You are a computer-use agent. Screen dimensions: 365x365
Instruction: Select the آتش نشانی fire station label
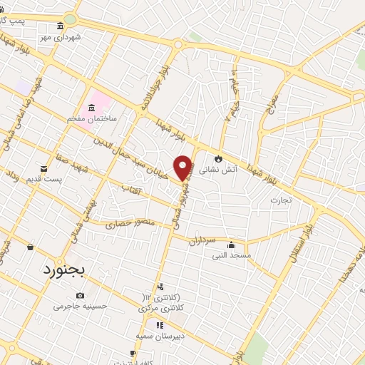click(x=214, y=170)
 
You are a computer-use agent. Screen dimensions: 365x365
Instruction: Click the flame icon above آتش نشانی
click(x=218, y=159)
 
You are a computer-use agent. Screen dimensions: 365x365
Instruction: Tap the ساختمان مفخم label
click(x=93, y=118)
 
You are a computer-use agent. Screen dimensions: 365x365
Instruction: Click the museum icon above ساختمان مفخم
click(x=91, y=108)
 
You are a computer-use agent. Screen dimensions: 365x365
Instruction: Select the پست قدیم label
click(x=41, y=178)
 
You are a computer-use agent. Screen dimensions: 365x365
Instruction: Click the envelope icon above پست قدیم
click(x=44, y=168)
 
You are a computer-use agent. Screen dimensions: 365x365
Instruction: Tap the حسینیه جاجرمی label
click(x=80, y=306)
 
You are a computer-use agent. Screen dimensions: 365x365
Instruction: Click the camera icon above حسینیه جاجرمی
click(x=80, y=295)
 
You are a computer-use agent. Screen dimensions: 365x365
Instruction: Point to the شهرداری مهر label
click(x=61, y=36)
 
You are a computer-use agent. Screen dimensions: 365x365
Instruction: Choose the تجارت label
click(x=277, y=200)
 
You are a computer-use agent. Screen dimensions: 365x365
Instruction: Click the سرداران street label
click(x=202, y=242)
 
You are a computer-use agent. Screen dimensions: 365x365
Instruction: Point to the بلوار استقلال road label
click(x=299, y=246)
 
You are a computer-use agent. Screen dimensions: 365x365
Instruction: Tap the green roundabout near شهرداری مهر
click(x=70, y=19)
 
